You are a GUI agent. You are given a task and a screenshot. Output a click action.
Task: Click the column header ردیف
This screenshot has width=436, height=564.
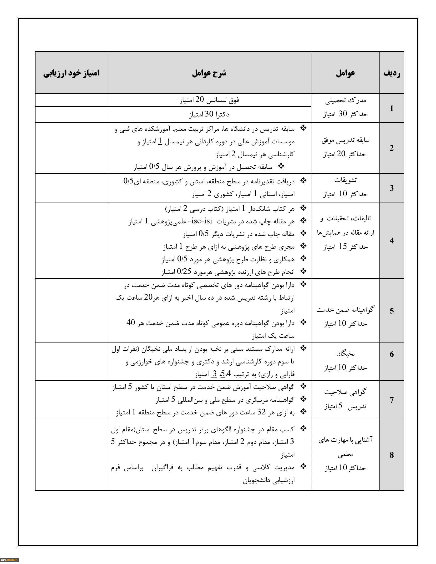pyautogui.click(x=392, y=73)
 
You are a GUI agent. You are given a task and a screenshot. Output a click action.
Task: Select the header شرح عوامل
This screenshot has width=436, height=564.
pyautogui.click(x=209, y=73)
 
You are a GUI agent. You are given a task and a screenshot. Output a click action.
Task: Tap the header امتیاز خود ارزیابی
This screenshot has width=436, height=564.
pyautogui.click(x=71, y=73)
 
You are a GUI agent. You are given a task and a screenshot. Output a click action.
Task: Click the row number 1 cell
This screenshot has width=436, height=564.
pyautogui.click(x=392, y=108)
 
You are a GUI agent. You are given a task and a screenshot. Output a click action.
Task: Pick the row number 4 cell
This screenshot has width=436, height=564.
pyautogui.click(x=392, y=240)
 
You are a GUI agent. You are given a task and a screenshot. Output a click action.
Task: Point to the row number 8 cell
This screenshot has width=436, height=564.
pyautogui.click(x=392, y=455)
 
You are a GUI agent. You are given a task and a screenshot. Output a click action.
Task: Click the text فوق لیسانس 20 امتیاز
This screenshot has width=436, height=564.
pyautogui.click(x=209, y=100)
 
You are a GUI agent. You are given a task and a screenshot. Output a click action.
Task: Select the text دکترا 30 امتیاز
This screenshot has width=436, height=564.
pyautogui.click(x=209, y=114)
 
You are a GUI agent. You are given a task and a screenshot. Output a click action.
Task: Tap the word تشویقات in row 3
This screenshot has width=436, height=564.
pyautogui.click(x=345, y=180)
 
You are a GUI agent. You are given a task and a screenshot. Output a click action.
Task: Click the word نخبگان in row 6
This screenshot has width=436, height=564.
pyautogui.click(x=345, y=353)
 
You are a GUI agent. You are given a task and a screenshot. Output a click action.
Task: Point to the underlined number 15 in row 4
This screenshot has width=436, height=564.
pyautogui.click(x=343, y=246)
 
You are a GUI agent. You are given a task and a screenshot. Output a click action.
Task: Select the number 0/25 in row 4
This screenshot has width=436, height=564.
pyautogui.click(x=184, y=271)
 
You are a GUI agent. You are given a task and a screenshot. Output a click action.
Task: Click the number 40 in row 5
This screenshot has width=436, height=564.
pyautogui.click(x=131, y=322)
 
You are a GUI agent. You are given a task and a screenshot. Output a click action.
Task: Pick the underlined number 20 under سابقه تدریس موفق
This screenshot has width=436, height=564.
pyautogui.click(x=341, y=154)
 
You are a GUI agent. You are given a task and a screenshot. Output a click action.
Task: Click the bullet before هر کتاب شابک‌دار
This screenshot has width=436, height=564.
pyautogui.click(x=304, y=208)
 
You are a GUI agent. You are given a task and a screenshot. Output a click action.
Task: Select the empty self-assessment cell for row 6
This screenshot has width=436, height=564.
pyautogui.click(x=71, y=361)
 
